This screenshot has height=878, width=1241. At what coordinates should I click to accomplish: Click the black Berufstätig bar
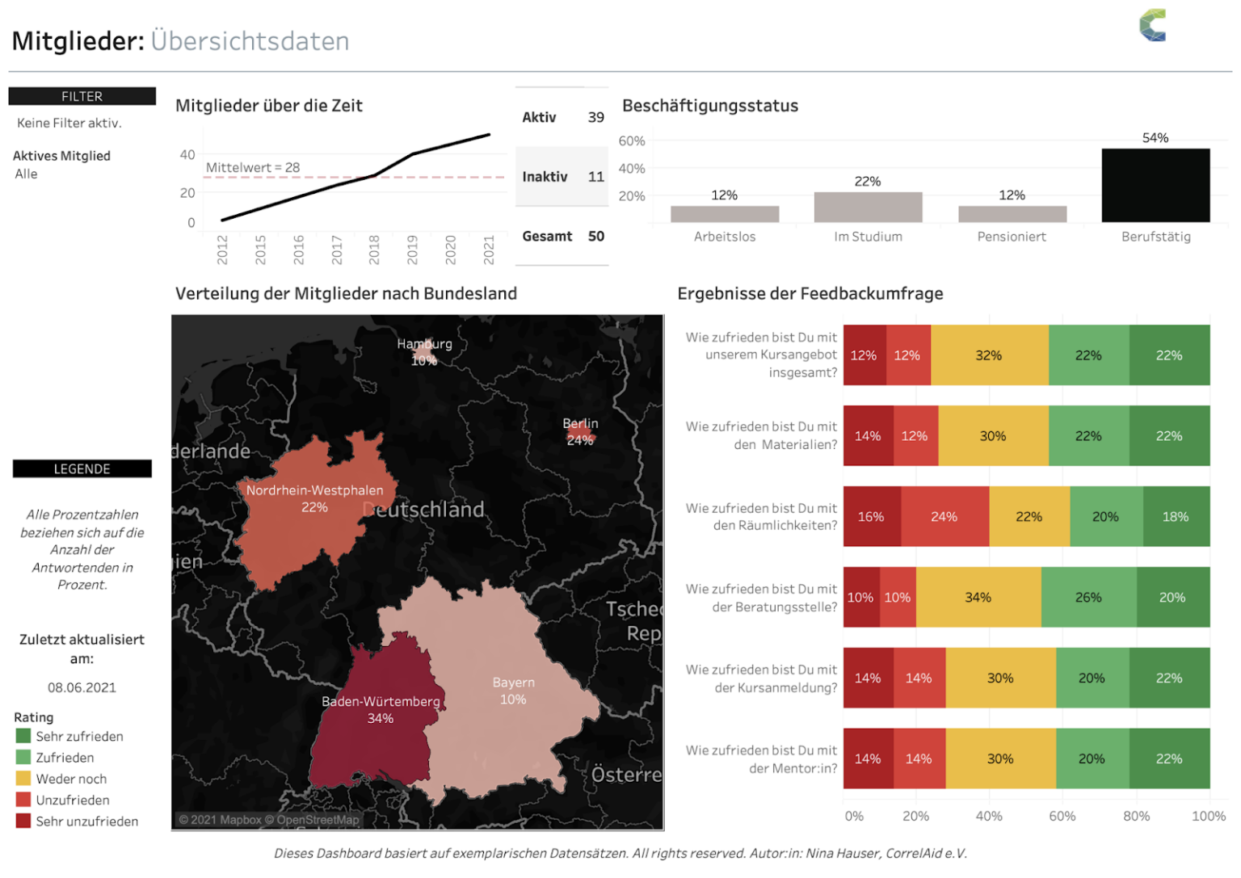pyautogui.click(x=1155, y=185)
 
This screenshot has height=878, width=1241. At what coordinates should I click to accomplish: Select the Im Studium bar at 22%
pyautogui.click(x=868, y=207)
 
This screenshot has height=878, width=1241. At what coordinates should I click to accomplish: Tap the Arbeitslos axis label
pyautogui.click(x=725, y=237)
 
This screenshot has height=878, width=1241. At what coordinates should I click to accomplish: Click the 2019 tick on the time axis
pyautogui.click(x=412, y=249)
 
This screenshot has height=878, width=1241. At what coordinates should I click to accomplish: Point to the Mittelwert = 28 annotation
pyautogui.click(x=253, y=167)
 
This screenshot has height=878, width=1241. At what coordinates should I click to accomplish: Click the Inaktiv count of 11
pyautogui.click(x=596, y=177)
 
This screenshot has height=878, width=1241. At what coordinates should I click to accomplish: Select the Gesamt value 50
pyautogui.click(x=596, y=236)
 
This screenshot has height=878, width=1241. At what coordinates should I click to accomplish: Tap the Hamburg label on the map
pyautogui.click(x=424, y=344)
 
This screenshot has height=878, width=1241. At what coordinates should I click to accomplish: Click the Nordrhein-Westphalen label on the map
pyautogui.click(x=314, y=490)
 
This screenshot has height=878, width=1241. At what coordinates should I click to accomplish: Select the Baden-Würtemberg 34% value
pyautogui.click(x=381, y=718)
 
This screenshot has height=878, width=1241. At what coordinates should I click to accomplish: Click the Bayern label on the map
pyautogui.click(x=513, y=683)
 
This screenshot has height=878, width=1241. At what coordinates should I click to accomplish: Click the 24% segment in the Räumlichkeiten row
pyautogui.click(x=944, y=517)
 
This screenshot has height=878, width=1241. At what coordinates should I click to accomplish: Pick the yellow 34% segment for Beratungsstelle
pyautogui.click(x=978, y=598)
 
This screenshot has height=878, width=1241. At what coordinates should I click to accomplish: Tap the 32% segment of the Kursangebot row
pyautogui.click(x=988, y=355)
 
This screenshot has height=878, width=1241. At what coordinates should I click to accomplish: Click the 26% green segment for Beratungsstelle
pyautogui.click(x=1088, y=598)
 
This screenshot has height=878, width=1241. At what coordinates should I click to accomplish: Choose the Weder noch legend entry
pyautogui.click(x=71, y=779)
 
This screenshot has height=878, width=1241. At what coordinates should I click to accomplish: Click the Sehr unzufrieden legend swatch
pyautogui.click(x=23, y=821)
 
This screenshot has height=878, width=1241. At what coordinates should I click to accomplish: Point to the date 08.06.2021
pyautogui.click(x=82, y=687)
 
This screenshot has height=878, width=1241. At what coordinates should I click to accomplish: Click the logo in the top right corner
pyautogui.click(x=1153, y=25)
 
